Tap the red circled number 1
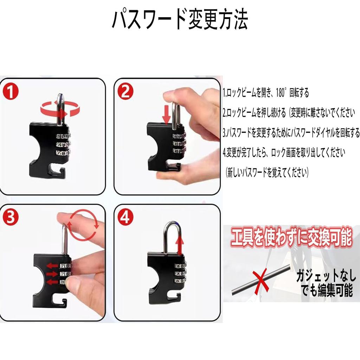point(11,92)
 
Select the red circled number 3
point(11,218)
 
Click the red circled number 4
point(125,218)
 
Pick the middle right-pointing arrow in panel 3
point(52,274)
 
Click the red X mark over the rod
point(261,281)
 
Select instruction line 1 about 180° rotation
point(266,93)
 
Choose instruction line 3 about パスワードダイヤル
point(291,133)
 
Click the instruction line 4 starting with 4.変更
point(284,153)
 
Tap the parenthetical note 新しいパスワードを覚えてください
point(267,173)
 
